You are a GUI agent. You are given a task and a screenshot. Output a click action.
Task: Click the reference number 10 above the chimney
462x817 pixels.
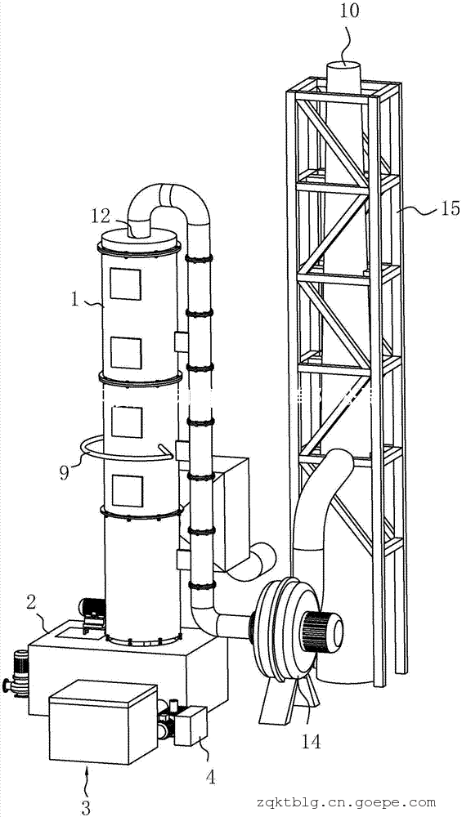(351, 11)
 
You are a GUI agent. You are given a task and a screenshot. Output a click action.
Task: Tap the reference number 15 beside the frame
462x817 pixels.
(448, 208)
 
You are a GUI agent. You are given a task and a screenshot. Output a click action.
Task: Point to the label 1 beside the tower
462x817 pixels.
(75, 300)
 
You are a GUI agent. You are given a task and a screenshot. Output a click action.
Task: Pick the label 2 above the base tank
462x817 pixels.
(31, 603)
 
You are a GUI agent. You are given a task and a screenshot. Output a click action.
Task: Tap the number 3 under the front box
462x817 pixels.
(86, 807)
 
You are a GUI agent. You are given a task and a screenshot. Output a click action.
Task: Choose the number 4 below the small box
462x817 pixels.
(209, 778)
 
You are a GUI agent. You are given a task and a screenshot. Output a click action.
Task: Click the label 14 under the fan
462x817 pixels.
(310, 740)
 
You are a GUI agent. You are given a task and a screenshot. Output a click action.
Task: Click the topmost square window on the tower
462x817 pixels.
(125, 284)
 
